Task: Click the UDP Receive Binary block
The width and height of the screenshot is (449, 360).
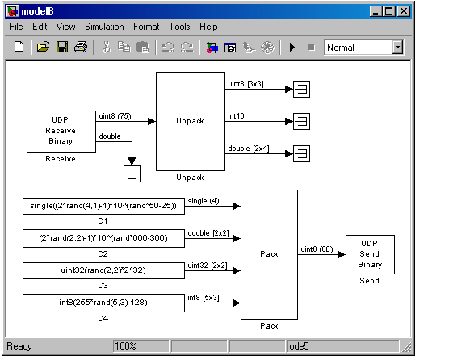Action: pos(61,132)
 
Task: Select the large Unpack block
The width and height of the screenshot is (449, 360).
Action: pos(191,121)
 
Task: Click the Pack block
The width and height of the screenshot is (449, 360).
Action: pos(269,254)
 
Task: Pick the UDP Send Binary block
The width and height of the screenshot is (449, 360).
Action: pos(370,254)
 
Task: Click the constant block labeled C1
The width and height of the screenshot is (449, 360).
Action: pos(103,206)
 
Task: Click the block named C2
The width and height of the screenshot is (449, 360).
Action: pos(103,238)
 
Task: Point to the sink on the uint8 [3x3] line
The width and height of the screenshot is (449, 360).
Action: pos(301,90)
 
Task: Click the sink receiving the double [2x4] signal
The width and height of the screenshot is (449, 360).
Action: pos(301,154)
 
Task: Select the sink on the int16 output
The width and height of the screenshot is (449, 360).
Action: pos(301,122)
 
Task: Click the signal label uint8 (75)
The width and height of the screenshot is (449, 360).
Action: pos(115,116)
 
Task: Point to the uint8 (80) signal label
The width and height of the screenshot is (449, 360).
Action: pos(317,249)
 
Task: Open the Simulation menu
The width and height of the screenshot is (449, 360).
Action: pos(104,27)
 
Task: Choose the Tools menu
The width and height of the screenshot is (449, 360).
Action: pos(179,27)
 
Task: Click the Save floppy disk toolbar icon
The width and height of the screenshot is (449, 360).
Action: pos(62,47)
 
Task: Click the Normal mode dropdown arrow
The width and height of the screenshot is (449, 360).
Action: pos(397,47)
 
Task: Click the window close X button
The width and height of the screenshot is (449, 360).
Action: pos(404,11)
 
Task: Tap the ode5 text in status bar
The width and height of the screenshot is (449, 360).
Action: pos(299,346)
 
